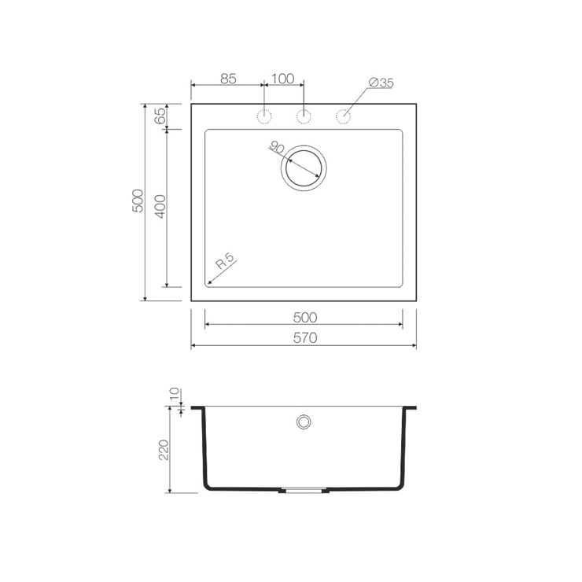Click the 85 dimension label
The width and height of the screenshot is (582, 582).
click(228, 79)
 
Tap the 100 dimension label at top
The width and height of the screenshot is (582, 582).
click(283, 79)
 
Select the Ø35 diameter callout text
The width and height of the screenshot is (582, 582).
click(381, 83)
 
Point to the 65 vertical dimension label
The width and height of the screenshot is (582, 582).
click(160, 116)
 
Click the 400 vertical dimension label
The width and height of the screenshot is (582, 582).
click(160, 206)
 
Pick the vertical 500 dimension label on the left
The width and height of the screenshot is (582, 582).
click(138, 201)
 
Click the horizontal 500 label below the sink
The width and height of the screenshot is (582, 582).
click(305, 318)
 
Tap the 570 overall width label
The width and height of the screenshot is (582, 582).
click(305, 338)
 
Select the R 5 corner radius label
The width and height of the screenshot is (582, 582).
click(226, 261)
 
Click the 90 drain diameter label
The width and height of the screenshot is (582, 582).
click(277, 148)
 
